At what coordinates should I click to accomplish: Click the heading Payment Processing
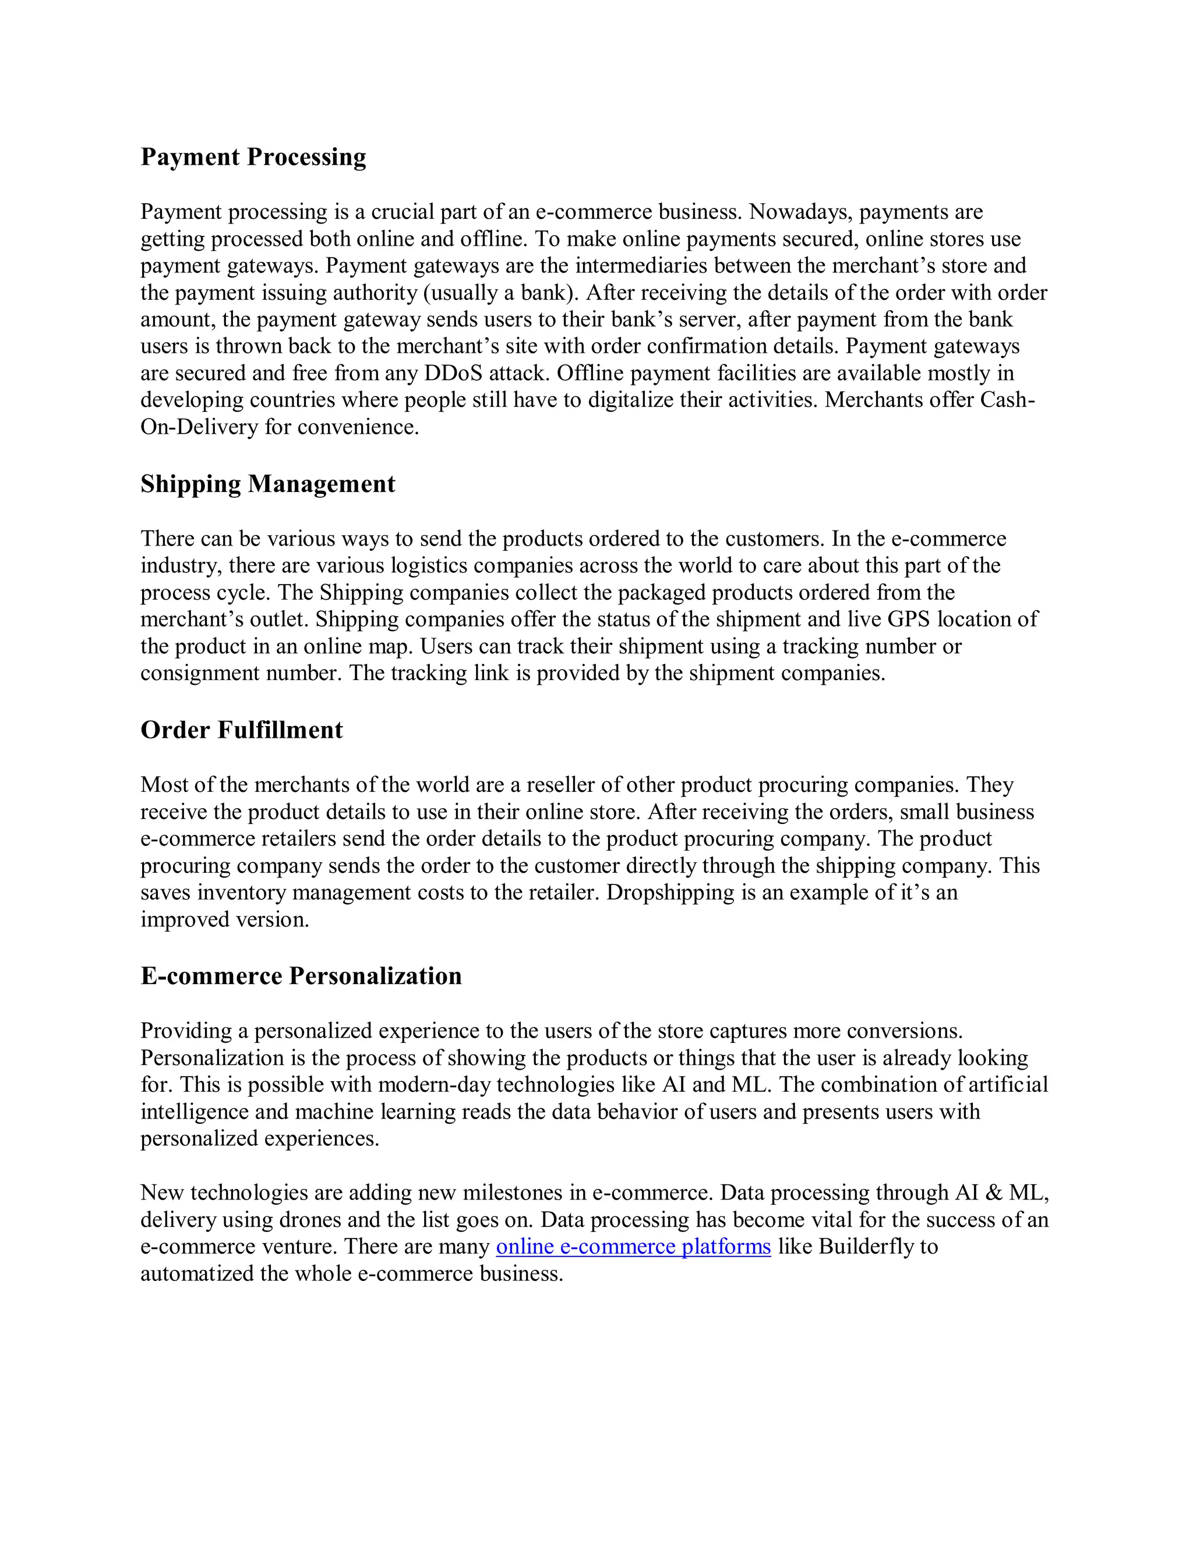[253, 157]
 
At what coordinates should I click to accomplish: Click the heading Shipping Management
[267, 484]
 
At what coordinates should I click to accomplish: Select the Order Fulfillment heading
[241, 730]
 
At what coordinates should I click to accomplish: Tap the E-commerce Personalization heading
[301, 976]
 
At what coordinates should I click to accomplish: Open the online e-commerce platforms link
[633, 1246]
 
